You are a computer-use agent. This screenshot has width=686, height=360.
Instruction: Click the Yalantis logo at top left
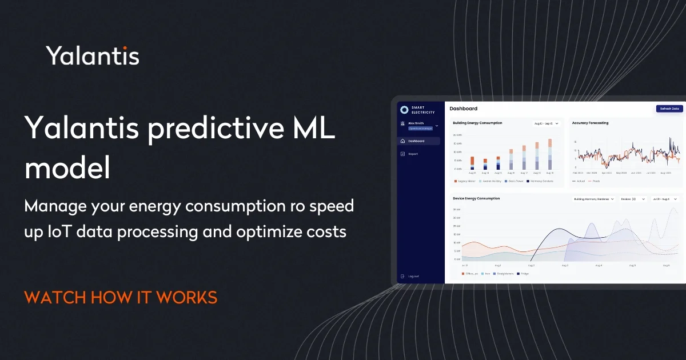click(92, 56)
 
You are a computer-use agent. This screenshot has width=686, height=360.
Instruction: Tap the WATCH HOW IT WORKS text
click(121, 297)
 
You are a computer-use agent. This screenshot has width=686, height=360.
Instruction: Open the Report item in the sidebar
click(413, 154)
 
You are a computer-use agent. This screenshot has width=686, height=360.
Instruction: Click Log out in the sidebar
click(413, 276)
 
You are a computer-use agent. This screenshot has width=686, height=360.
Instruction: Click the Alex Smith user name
click(416, 123)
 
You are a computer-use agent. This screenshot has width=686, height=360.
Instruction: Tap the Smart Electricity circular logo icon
click(405, 110)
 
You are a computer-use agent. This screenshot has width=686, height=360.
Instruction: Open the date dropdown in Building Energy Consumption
click(547, 123)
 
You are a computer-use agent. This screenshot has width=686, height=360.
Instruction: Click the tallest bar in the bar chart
click(550, 155)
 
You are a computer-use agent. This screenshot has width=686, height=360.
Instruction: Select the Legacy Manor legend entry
click(465, 181)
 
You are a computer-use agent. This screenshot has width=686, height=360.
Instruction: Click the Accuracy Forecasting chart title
click(590, 123)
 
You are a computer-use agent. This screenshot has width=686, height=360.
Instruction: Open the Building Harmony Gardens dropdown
click(594, 199)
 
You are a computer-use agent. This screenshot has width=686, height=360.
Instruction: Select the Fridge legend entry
click(523, 274)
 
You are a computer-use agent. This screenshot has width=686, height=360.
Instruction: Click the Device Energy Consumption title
click(476, 198)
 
